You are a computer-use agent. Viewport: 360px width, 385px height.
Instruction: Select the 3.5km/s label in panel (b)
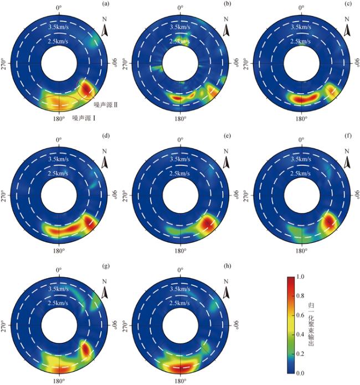coord(181,27)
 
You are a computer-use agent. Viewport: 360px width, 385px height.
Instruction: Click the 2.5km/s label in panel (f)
coord(301,173)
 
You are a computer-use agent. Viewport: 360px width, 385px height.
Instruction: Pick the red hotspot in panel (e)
coord(208,223)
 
